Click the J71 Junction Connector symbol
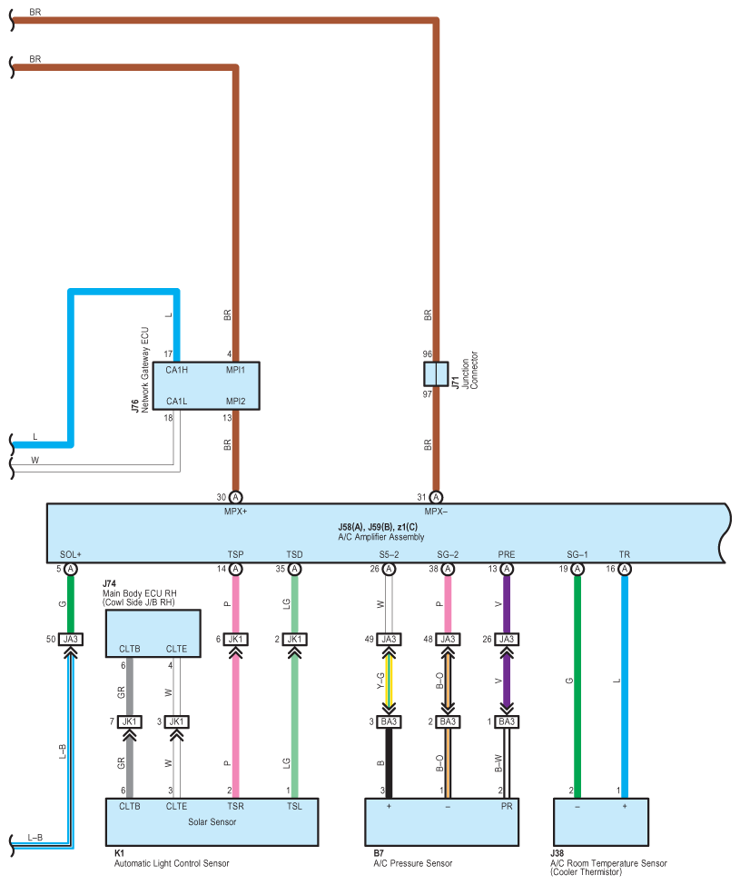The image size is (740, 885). click(436, 373)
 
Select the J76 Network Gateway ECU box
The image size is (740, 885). click(206, 385)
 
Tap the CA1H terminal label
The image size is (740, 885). click(176, 370)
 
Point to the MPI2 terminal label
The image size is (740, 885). click(236, 402)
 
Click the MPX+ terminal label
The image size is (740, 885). click(236, 512)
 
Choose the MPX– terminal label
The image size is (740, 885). click(436, 512)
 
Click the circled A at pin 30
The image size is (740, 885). click(236, 497)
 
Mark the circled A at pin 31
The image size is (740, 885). click(436, 497)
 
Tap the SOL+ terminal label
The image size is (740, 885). click(71, 555)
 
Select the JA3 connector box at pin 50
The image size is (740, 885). click(71, 640)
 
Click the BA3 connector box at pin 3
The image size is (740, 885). click(389, 721)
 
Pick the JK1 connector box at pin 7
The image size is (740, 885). click(129, 721)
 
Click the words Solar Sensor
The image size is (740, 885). click(212, 821)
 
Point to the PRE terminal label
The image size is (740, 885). click(507, 555)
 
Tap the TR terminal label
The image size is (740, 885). click(625, 555)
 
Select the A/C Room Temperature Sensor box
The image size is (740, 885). click(601, 822)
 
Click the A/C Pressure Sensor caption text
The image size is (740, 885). click(413, 863)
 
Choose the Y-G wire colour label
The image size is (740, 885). click(380, 681)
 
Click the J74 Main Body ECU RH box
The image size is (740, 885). click(153, 633)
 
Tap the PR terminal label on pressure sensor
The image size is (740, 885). click(507, 807)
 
